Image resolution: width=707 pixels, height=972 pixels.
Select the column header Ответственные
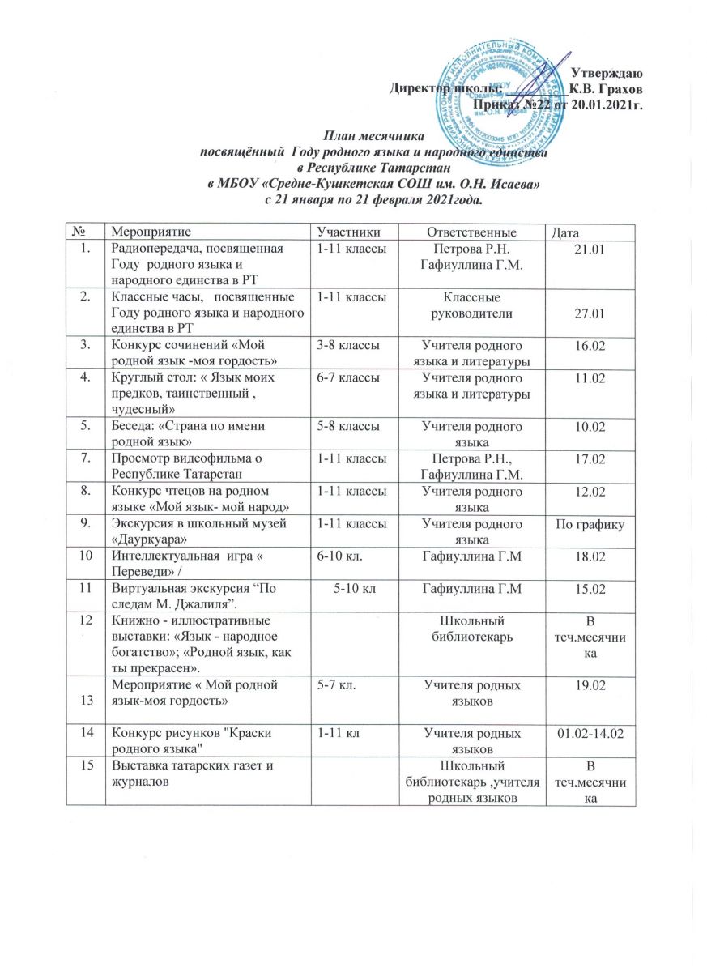point(463,232)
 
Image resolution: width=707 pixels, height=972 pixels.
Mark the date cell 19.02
point(590,695)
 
